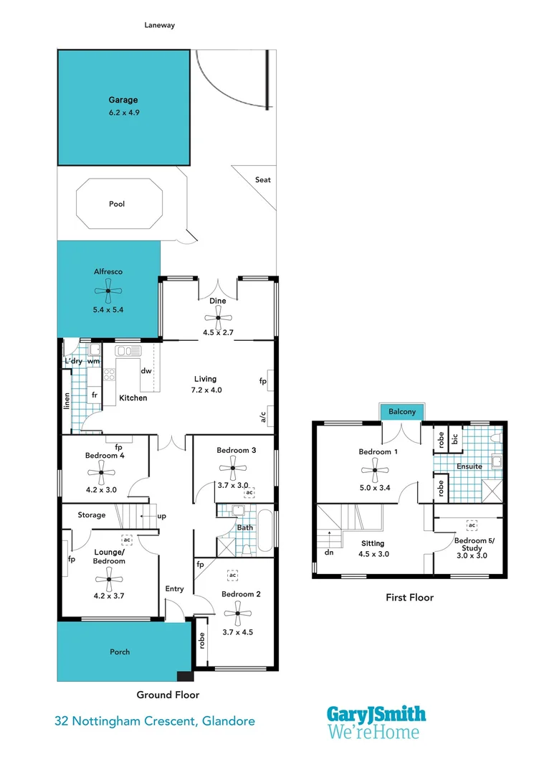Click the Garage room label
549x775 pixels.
coord(123,100)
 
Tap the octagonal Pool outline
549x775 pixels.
coord(117,204)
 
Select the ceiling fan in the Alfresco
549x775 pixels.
coord(109,291)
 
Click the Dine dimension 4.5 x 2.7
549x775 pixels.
coord(218,332)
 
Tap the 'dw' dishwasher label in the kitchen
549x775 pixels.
coord(146,371)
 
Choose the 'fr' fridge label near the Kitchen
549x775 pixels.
coord(94,395)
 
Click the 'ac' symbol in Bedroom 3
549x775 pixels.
coord(249,493)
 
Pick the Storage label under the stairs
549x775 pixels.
coord(92,515)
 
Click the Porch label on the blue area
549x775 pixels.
coord(120,652)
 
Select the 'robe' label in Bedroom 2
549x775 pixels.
coord(202,640)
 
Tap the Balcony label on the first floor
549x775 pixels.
coord(402,412)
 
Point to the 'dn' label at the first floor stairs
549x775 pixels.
coord(329,553)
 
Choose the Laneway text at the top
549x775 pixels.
coord(159,25)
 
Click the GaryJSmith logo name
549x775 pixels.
coord(376,714)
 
